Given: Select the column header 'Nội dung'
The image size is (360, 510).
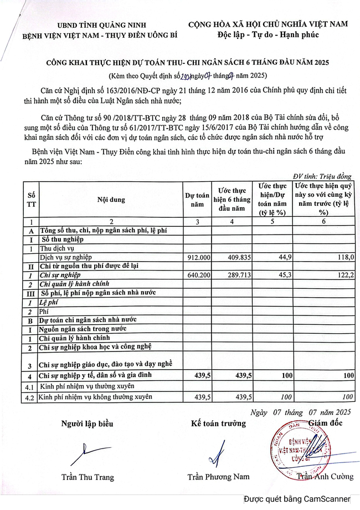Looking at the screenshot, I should coord(111,200).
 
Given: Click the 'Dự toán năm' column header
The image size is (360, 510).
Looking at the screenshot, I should coord(197,200).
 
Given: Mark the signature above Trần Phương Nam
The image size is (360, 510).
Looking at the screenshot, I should coord(218,452).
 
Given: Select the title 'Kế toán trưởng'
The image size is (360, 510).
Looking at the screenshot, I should coord(218,424).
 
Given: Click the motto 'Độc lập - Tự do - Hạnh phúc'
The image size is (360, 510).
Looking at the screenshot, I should coord(268,34).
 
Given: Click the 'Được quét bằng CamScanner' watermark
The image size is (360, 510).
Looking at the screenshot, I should coord(299,498).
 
